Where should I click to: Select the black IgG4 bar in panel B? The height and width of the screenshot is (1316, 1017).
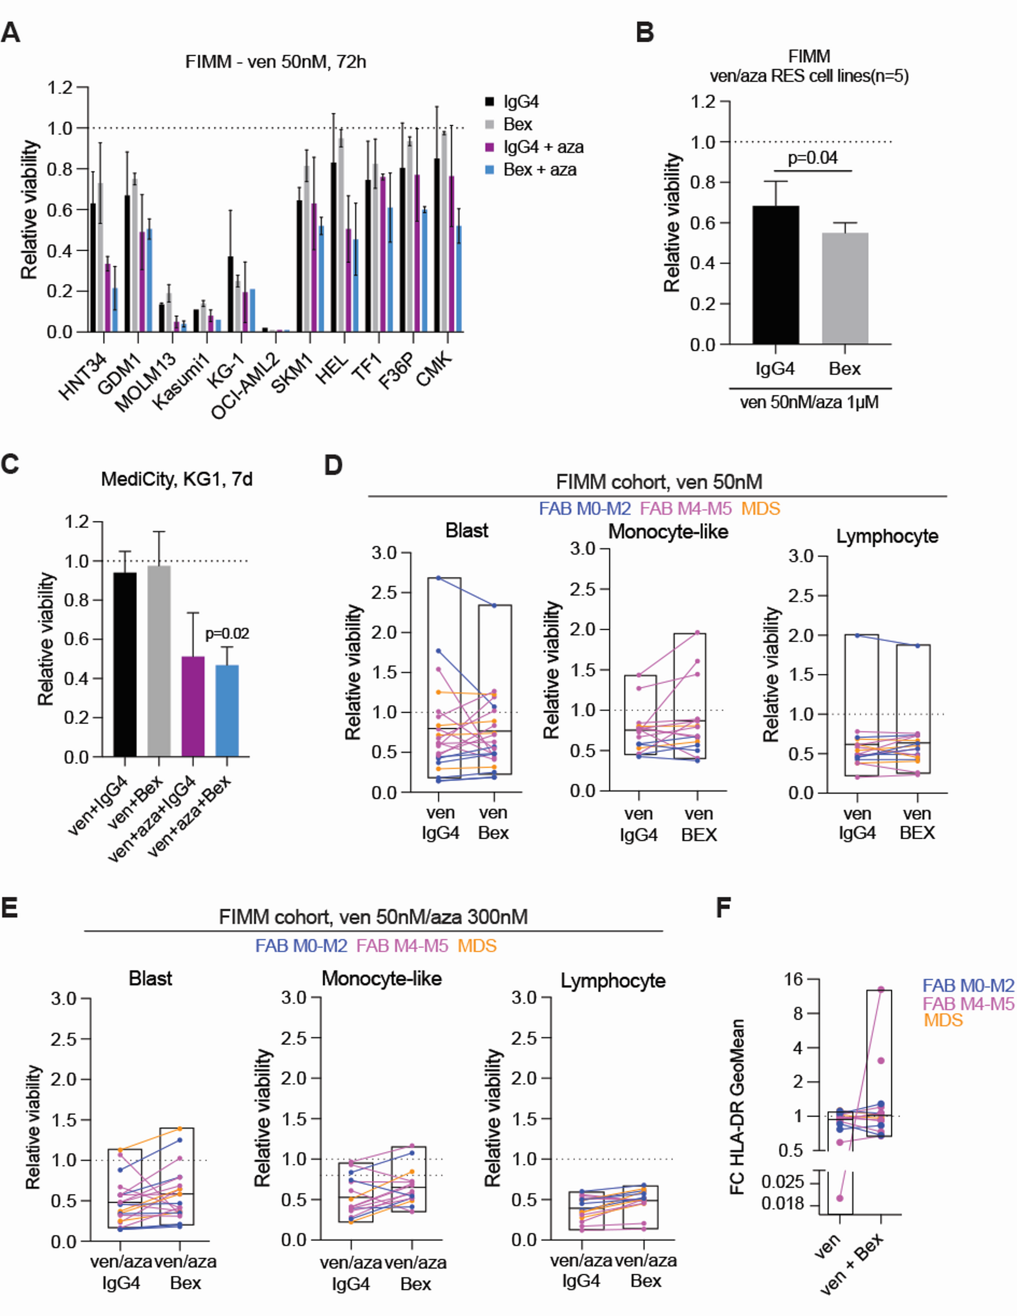pos(775,275)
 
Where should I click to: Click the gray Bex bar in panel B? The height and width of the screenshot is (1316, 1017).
pos(845,288)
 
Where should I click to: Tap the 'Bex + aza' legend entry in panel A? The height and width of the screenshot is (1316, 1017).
pos(539,170)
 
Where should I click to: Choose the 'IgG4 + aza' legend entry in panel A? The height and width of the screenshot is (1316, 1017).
pos(543,147)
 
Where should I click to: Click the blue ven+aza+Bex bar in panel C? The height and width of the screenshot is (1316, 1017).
pos(227,711)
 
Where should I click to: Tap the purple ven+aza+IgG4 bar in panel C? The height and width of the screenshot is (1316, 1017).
pos(193,706)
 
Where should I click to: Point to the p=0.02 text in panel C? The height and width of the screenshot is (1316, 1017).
pos(227,634)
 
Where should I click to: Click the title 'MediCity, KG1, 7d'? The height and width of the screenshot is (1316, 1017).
pos(176,480)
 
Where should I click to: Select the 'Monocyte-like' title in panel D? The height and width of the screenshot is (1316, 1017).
pos(668,532)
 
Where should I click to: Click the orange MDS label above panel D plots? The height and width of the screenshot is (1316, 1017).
pos(760,509)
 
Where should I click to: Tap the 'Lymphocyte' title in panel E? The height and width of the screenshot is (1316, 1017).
pos(612,981)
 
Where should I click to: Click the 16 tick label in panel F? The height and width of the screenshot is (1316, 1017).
pos(794,979)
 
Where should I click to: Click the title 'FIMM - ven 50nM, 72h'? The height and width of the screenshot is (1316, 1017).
pos(275,62)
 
